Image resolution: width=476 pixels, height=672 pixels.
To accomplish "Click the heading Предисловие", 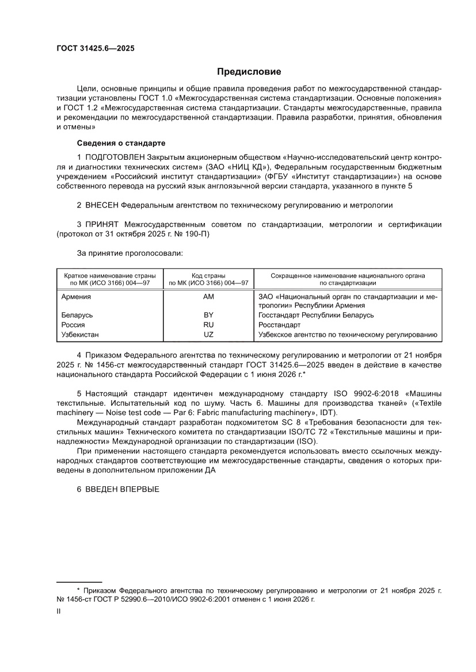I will pyautogui.click(x=249, y=72).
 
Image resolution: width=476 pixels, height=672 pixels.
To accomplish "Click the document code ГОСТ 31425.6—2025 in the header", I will pyautogui.click(x=96, y=49).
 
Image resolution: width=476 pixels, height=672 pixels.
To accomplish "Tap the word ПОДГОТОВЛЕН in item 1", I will pyautogui.click(x=115, y=158).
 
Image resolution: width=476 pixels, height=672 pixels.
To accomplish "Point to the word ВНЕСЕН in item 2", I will pyautogui.click(x=103, y=205).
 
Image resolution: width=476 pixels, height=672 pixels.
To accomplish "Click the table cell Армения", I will pyautogui.click(x=76, y=297).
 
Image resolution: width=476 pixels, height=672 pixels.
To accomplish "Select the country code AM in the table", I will pyautogui.click(x=208, y=297).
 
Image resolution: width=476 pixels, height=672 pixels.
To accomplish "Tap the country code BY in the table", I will pyautogui.click(x=208, y=316).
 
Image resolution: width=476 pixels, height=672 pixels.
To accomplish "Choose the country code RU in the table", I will pyautogui.click(x=208, y=325).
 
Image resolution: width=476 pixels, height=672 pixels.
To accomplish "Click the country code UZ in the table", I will pyautogui.click(x=208, y=335).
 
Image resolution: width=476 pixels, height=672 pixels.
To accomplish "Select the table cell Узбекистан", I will pyautogui.click(x=80, y=335).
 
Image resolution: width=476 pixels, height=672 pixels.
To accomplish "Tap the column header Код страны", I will pyautogui.click(x=208, y=276).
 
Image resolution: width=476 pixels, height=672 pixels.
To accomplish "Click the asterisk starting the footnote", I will pyautogui.click(x=78, y=590).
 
